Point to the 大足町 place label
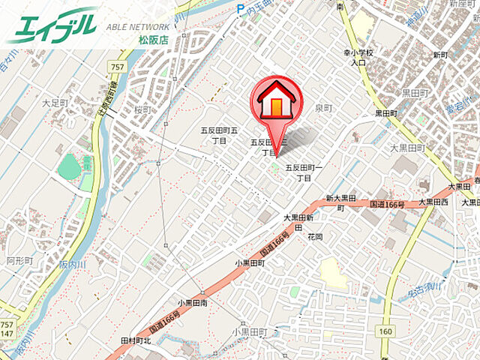(55, 103)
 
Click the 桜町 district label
(142, 109)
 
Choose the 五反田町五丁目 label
(219, 135)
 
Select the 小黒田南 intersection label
(193, 303)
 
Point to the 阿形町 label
(19, 261)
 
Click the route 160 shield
(385, 331)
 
